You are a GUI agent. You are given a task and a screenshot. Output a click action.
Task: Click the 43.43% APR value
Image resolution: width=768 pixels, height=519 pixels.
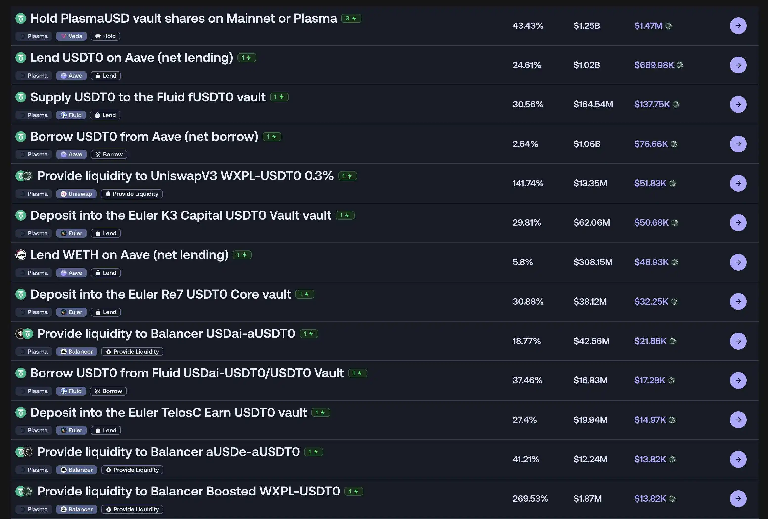tap(528, 26)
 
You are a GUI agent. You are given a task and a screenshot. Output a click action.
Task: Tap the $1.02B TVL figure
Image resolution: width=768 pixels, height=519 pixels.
tap(587, 65)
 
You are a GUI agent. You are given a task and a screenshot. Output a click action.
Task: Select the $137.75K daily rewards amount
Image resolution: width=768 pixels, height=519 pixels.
tap(652, 104)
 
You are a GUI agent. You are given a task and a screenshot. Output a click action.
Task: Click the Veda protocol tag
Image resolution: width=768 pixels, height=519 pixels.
tap(71, 36)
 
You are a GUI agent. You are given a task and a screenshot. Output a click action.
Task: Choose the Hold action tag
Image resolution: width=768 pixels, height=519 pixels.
tap(105, 36)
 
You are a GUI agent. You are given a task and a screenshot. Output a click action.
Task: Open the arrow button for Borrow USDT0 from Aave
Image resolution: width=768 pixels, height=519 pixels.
tap(738, 144)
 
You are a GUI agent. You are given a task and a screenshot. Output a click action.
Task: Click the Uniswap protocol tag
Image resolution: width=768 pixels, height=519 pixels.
tap(76, 194)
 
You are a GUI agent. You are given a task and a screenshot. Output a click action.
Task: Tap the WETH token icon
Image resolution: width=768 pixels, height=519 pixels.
tap(21, 255)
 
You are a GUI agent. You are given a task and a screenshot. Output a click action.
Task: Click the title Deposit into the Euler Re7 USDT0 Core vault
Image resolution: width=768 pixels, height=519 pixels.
tap(160, 294)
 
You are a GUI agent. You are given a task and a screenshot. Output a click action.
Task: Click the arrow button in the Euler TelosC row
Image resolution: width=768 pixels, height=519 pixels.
tap(738, 420)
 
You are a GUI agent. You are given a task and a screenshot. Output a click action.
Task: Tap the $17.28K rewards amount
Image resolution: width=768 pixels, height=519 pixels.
tap(649, 380)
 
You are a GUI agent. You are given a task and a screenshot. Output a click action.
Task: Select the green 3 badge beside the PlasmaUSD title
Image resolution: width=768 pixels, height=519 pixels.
tap(351, 19)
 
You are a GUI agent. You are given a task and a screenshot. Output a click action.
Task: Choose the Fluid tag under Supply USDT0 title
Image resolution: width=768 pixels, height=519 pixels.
tap(71, 115)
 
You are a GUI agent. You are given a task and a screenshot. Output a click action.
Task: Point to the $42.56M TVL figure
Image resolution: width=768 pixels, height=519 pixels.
tap(591, 341)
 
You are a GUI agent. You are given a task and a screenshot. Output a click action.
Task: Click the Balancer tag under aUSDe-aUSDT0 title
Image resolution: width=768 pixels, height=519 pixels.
tap(77, 470)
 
